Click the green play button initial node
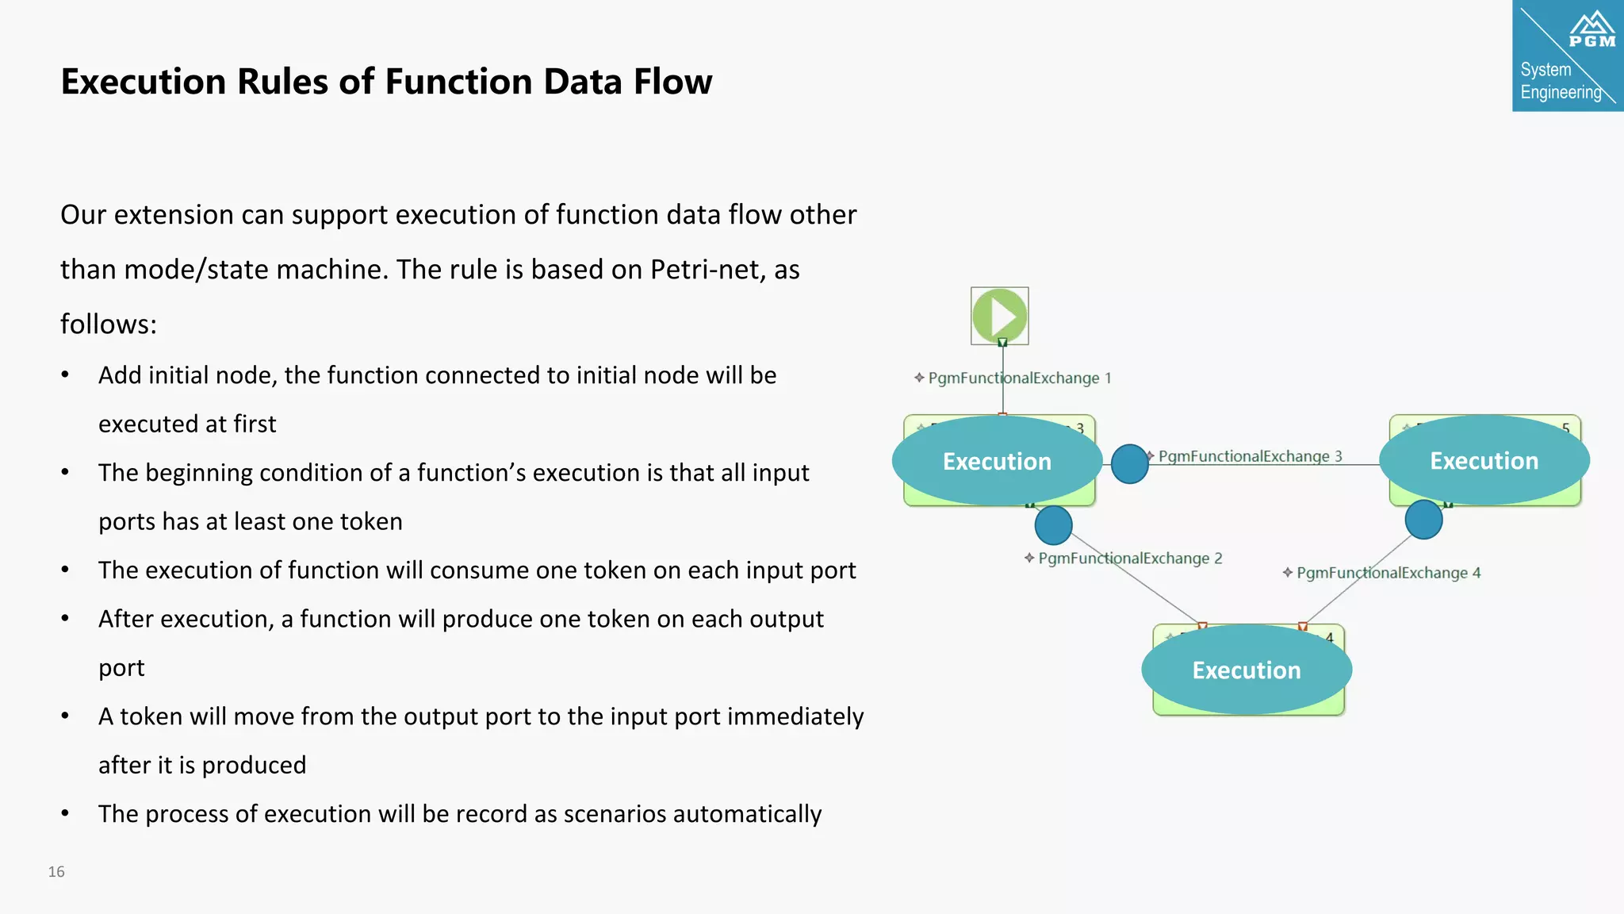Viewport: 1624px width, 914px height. (999, 316)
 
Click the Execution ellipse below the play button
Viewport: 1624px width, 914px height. (997, 461)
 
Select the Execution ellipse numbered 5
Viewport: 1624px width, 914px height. (1484, 460)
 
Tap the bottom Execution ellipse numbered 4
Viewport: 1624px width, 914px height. (1246, 670)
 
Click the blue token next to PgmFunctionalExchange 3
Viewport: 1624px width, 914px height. (1129, 464)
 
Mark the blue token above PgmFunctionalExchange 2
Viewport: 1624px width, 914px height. (1053, 524)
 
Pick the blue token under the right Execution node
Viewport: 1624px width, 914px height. (1423, 520)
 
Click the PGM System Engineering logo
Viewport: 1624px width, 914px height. (1567, 56)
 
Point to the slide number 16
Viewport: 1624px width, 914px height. (56, 871)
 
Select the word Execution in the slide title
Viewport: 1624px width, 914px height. (144, 82)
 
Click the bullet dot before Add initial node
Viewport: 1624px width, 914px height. (65, 375)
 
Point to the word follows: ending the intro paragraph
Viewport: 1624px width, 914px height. (109, 325)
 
